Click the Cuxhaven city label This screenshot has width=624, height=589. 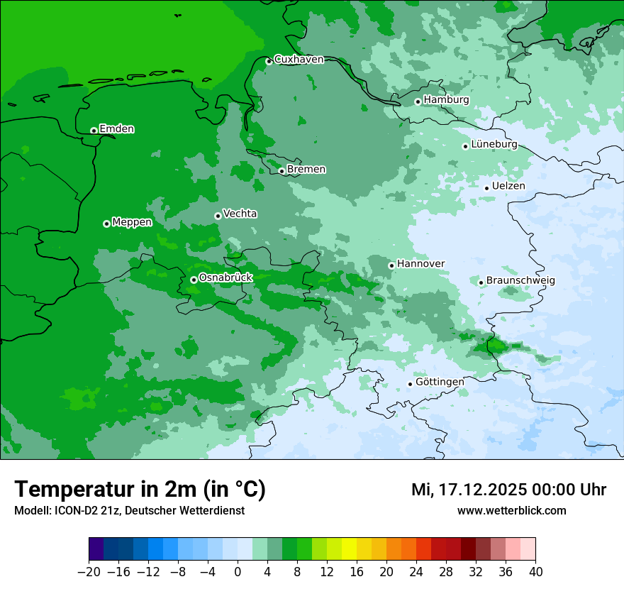click(x=299, y=60)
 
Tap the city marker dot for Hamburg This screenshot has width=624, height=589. click(x=418, y=101)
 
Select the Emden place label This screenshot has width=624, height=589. click(x=116, y=129)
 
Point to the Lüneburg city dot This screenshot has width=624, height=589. click(x=465, y=146)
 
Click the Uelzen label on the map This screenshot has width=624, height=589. click(x=508, y=186)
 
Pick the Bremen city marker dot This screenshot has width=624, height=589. click(x=282, y=171)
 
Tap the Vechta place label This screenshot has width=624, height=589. click(x=240, y=214)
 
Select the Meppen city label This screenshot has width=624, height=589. click(x=132, y=222)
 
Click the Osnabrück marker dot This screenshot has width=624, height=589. click(x=194, y=280)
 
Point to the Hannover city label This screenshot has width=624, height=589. click(x=420, y=264)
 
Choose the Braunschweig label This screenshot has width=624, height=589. click(x=520, y=281)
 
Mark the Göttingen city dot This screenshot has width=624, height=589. click(x=410, y=384)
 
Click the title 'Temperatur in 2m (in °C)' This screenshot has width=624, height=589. click(x=140, y=490)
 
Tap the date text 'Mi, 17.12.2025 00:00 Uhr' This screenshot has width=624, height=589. click(x=508, y=490)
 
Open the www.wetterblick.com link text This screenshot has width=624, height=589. click(x=511, y=511)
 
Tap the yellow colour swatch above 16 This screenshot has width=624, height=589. click(x=349, y=549)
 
